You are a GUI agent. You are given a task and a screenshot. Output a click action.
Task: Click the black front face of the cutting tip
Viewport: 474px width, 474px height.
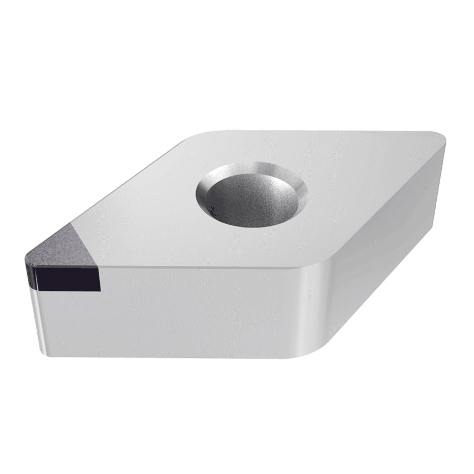tap(67, 277)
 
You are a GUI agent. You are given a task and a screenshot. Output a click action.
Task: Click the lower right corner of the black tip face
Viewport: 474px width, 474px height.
tap(100, 289)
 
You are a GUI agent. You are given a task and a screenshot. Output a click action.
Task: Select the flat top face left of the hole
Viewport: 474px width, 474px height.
tap(150, 211)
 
